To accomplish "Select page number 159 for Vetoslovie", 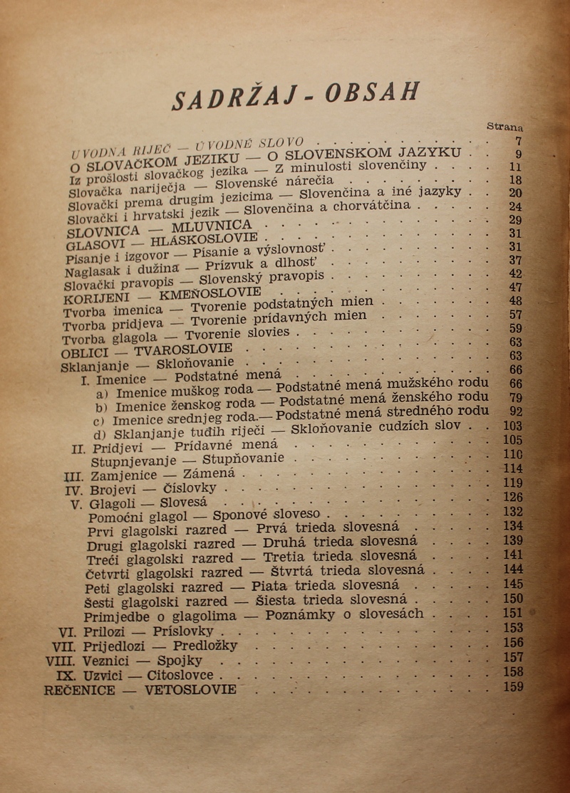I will pos(512,687).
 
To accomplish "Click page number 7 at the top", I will pos(519,141).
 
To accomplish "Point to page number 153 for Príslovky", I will pos(512,628).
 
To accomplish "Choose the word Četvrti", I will pos(109,571).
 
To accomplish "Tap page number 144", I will pos(512,569).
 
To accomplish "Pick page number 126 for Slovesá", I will pos(512,497).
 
